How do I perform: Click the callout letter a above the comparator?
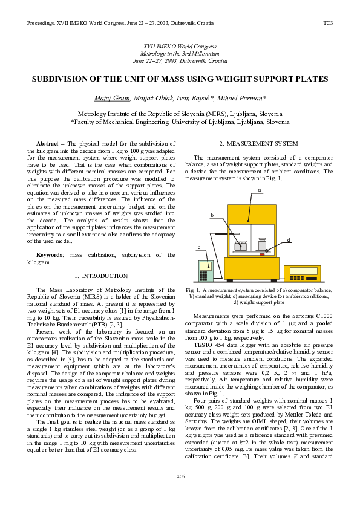(259, 190)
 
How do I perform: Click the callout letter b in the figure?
(212, 215)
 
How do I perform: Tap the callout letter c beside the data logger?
(198, 247)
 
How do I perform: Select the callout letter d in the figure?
(289, 240)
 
